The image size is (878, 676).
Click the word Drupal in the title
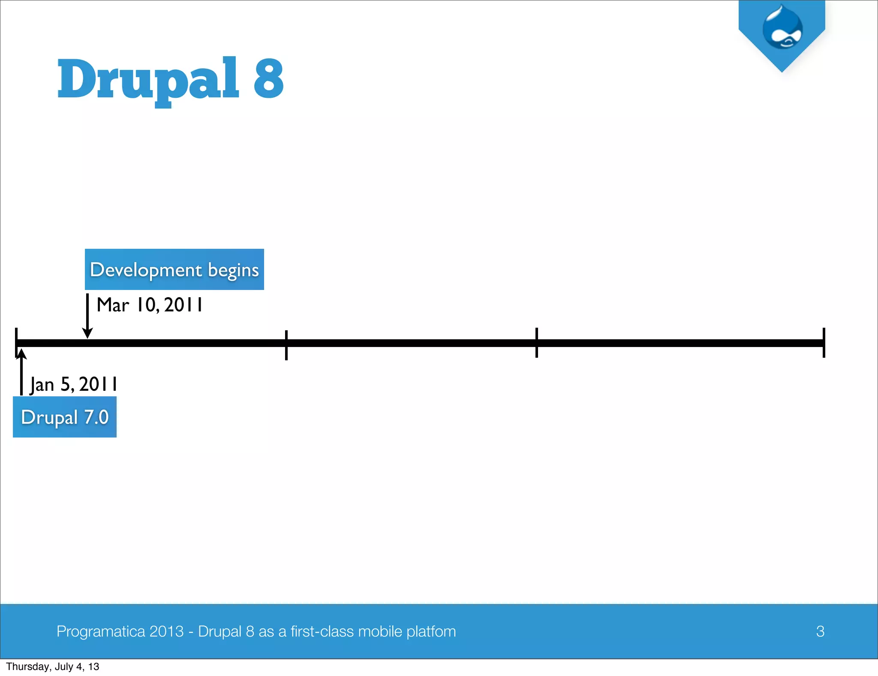pyautogui.click(x=148, y=79)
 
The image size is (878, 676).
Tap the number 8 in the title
pyautogui.click(x=268, y=78)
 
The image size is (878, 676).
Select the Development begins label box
pyautogui.click(x=174, y=269)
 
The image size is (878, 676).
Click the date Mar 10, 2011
pyautogui.click(x=150, y=305)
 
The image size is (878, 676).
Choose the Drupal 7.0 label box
pyautogui.click(x=65, y=417)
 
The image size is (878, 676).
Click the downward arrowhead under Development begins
pyautogui.click(x=87, y=333)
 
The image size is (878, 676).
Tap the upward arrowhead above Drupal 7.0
pyautogui.click(x=21, y=354)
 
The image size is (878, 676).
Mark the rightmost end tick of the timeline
pyautogui.click(x=824, y=343)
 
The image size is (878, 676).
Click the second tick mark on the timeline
pyautogui.click(x=286, y=344)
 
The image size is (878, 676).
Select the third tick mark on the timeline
pyautogui.click(x=536, y=343)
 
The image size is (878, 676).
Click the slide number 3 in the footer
pyautogui.click(x=820, y=631)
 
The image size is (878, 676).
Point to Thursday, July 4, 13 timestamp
pyautogui.click(x=53, y=667)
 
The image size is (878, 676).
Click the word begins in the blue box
pyautogui.click(x=233, y=270)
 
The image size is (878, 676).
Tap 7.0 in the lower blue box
pyautogui.click(x=96, y=417)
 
